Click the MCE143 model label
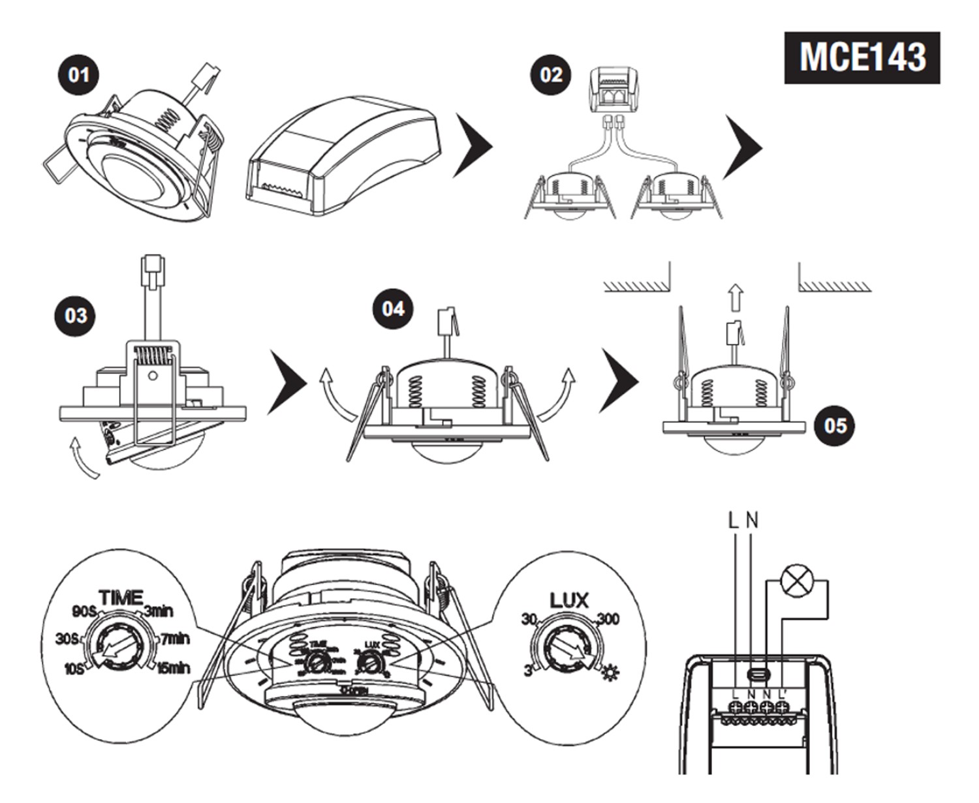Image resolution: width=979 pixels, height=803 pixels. coord(862,57)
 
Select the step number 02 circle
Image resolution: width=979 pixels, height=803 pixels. coord(550,74)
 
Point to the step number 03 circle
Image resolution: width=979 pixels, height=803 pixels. coord(76,316)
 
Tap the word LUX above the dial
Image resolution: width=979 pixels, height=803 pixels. coord(569,600)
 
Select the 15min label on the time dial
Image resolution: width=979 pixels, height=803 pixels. coord(172,669)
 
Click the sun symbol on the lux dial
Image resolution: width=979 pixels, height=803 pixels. coord(610,671)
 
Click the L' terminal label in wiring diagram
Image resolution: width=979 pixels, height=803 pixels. coord(783,693)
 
